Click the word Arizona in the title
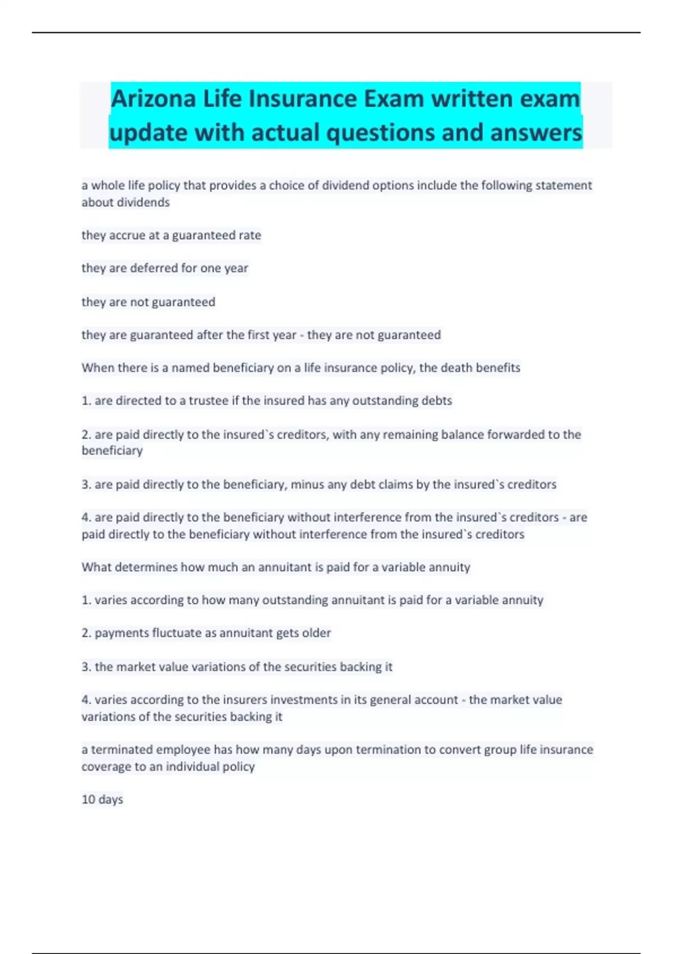[153, 99]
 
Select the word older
[316, 633]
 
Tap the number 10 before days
[89, 799]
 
